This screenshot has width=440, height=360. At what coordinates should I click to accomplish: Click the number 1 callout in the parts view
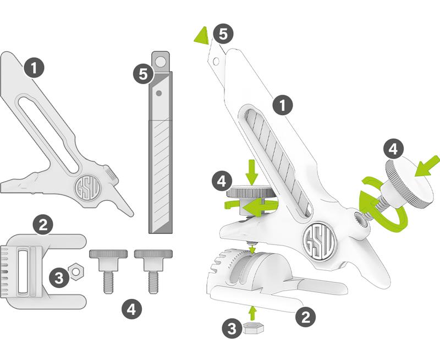(x=34, y=69)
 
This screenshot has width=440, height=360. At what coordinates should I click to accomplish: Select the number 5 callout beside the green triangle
(x=223, y=34)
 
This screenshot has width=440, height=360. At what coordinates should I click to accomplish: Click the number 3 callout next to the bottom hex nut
(x=232, y=329)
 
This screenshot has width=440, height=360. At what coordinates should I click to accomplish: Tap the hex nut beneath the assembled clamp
(x=254, y=329)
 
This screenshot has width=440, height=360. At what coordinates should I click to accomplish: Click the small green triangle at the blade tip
(x=201, y=36)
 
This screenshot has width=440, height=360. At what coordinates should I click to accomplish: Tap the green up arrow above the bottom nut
(x=253, y=313)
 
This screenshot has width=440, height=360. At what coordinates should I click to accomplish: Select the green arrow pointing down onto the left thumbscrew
(x=252, y=172)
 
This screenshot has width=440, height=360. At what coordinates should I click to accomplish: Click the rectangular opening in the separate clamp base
(x=25, y=272)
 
